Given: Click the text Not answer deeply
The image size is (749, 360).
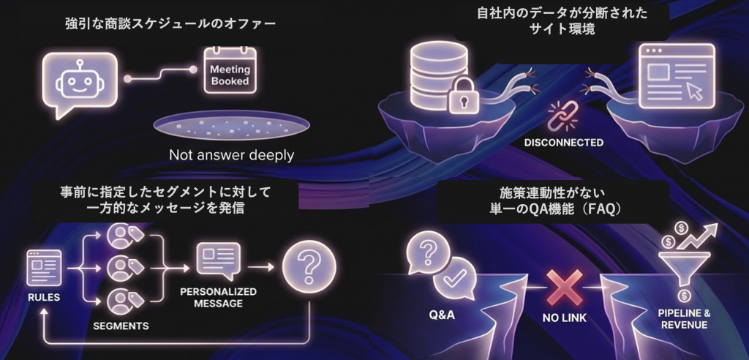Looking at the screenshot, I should click(x=231, y=154).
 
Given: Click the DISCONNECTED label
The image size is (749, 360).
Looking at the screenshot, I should click(x=564, y=142).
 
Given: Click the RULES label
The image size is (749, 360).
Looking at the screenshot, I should click(x=44, y=298).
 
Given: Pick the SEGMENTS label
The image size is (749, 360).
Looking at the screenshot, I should click(x=121, y=325).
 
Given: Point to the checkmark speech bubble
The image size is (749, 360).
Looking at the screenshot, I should click(x=456, y=277).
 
